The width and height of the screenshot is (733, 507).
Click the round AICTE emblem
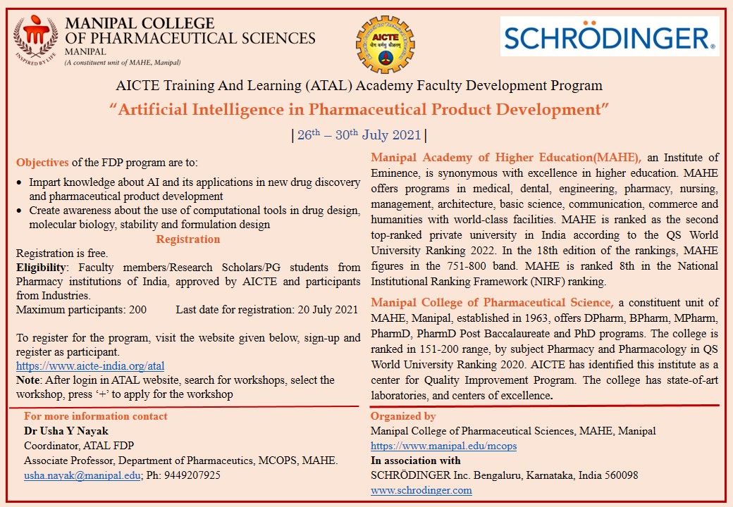(386, 44)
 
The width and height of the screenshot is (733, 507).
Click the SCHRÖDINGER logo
(610, 37)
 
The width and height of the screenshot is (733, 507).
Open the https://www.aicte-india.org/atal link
(90, 366)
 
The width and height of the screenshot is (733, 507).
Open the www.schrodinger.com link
(421, 490)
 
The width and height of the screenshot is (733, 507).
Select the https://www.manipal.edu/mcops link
(444, 446)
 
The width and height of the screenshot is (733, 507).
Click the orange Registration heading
(188, 239)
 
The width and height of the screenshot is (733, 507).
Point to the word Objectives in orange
(42, 162)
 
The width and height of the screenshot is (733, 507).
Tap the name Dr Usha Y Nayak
(66, 431)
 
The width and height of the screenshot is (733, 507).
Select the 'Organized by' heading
(403, 416)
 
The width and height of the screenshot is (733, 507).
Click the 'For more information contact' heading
(96, 416)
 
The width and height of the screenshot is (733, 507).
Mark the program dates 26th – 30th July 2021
(359, 135)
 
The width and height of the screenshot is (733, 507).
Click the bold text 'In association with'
(416, 461)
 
